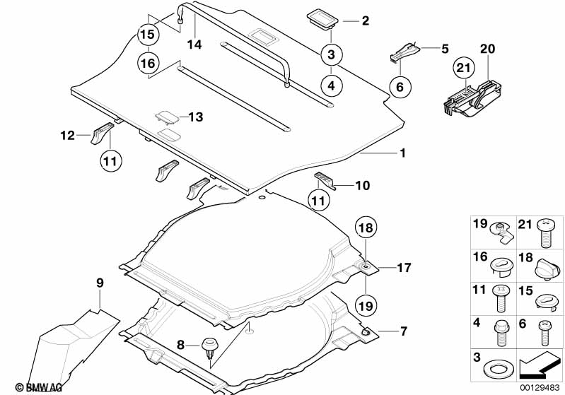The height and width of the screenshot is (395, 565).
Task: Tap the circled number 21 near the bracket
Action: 462,69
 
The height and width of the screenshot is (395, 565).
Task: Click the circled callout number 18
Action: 366,228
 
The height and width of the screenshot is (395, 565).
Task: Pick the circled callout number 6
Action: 399,87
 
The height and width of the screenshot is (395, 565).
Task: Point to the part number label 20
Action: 488,49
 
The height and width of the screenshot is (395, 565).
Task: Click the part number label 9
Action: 100,283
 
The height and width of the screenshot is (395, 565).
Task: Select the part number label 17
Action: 404,268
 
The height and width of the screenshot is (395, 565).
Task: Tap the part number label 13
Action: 196,117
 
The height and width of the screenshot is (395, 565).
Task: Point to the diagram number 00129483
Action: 541,388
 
